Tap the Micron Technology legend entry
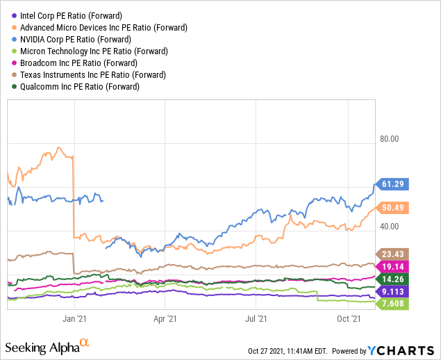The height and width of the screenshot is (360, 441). tap(85, 51)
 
